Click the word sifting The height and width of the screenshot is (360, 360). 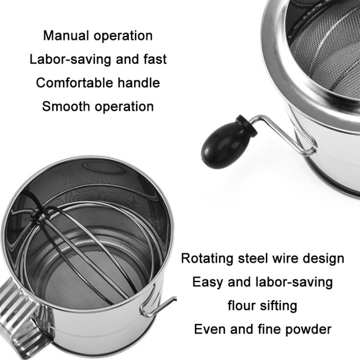point(280,305)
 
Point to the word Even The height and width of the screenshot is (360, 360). point(210,329)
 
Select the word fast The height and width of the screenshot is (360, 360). point(152,59)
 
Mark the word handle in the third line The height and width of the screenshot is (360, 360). point(138,82)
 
